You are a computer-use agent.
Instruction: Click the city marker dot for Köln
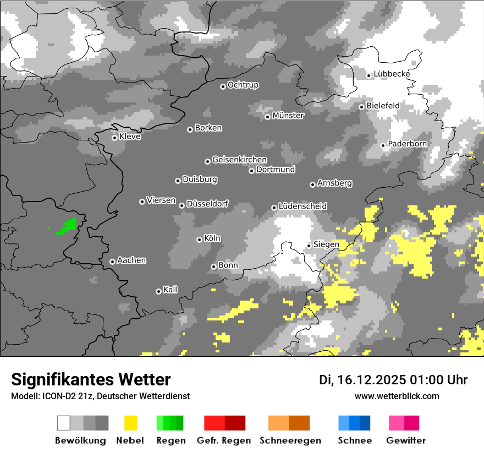point(199,240)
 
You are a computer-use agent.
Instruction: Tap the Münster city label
point(288,116)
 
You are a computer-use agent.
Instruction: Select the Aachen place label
point(131,260)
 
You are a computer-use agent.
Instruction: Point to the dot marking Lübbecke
point(369,75)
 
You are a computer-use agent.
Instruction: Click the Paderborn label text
point(407,144)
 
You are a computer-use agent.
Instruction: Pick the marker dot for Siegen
point(309,246)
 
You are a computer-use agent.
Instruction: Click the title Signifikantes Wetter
point(91,379)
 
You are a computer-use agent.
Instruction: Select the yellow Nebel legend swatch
point(131,423)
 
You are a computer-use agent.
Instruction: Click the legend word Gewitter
point(406,440)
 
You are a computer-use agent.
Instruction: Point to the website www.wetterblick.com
point(397,396)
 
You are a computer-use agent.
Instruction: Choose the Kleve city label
point(130,137)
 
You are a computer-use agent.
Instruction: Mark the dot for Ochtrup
point(223,86)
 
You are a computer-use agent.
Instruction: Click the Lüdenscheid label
point(302,206)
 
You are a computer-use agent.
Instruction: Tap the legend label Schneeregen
point(289,440)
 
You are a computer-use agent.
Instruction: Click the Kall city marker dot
point(158,291)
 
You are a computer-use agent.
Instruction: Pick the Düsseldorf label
point(207,204)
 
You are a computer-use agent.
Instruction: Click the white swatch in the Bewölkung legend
point(64,423)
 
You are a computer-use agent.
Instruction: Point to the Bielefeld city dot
point(362,107)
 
